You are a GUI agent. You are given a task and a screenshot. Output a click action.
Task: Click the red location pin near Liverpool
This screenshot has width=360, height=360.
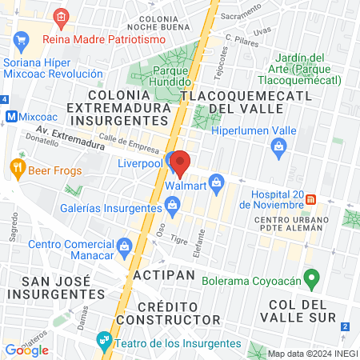tap(179, 162)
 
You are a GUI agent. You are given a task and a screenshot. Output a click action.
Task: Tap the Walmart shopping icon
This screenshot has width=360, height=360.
tap(214, 182)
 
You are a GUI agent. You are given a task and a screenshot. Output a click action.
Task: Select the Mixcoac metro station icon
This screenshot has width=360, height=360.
tap(12, 115)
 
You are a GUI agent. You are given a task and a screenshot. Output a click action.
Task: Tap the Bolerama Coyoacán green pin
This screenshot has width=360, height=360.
tap(314, 279)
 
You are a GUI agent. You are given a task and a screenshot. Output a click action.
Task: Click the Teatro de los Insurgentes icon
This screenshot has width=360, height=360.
tap(103, 341)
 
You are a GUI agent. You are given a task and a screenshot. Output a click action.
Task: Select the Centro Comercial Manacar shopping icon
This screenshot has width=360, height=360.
tap(124, 245)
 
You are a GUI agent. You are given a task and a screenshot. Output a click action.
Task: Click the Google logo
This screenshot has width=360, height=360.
tap(27, 350)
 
